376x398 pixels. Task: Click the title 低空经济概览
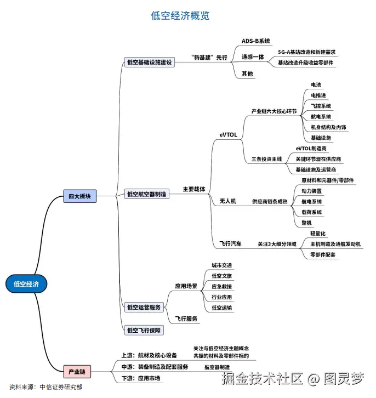point(180,16)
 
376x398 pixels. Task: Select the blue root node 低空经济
point(26,283)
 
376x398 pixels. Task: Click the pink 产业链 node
point(76,372)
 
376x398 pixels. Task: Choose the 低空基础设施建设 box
point(149,62)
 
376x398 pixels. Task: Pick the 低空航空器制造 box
point(147,194)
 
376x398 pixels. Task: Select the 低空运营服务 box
point(144,307)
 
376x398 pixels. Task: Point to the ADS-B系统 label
point(256,41)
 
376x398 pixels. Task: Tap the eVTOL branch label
point(228,134)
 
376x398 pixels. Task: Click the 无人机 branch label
point(227,201)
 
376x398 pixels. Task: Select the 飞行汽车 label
point(230,243)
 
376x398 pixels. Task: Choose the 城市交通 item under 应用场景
point(221,265)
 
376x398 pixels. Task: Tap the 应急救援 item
point(221,287)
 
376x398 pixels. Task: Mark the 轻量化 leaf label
point(318,233)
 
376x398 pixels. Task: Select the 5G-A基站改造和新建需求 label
point(306,52)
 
